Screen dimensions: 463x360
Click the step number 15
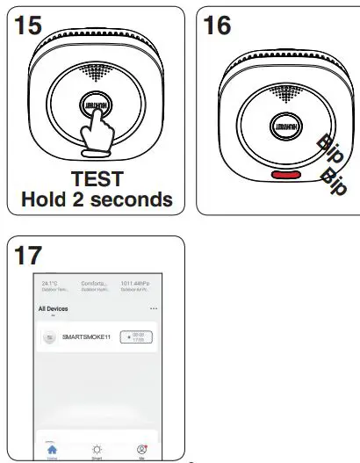pyautogui.click(x=29, y=25)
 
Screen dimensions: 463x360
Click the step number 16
pyautogui.click(x=217, y=25)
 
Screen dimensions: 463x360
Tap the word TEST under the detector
pyautogui.click(x=97, y=179)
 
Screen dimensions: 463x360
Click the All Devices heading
pyautogui.click(x=53, y=309)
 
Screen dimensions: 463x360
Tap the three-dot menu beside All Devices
pyautogui.click(x=155, y=309)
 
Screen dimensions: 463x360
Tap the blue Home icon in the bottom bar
pyautogui.click(x=52, y=448)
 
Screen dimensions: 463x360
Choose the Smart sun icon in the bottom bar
pyautogui.click(x=97, y=448)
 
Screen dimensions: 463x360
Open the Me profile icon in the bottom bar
pyautogui.click(x=141, y=448)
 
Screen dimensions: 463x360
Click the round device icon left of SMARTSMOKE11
pyautogui.click(x=49, y=336)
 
